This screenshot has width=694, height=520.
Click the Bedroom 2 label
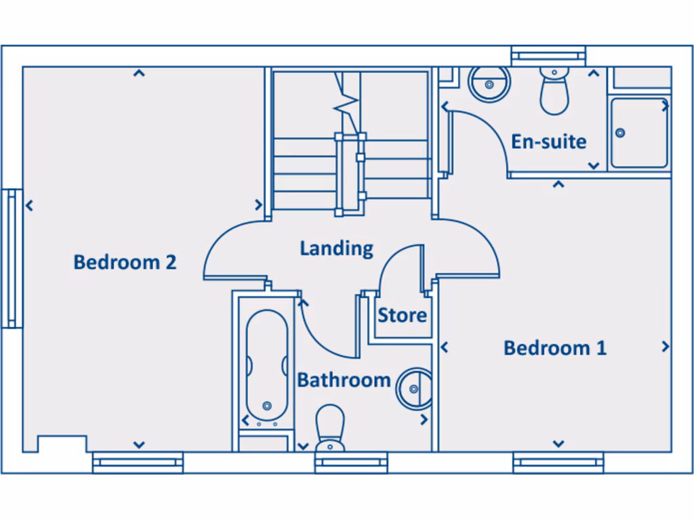click(x=125, y=262)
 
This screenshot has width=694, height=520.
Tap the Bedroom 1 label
click(x=554, y=348)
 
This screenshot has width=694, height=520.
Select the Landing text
click(x=336, y=248)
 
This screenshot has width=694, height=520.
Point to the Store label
click(x=402, y=315)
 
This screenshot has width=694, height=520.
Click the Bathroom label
click(x=344, y=380)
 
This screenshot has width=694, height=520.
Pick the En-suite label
click(x=548, y=142)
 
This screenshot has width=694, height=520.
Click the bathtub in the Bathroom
click(x=266, y=366)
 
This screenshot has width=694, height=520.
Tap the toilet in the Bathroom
click(x=331, y=427)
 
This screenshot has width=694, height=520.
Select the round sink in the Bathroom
click(x=414, y=388)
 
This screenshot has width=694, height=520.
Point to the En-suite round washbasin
click(x=489, y=83)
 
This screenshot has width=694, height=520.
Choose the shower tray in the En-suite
click(x=638, y=133)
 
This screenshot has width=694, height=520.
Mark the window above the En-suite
click(x=548, y=56)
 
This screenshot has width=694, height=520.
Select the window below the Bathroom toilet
click(x=350, y=463)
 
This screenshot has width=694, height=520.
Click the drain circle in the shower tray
click(x=619, y=133)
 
